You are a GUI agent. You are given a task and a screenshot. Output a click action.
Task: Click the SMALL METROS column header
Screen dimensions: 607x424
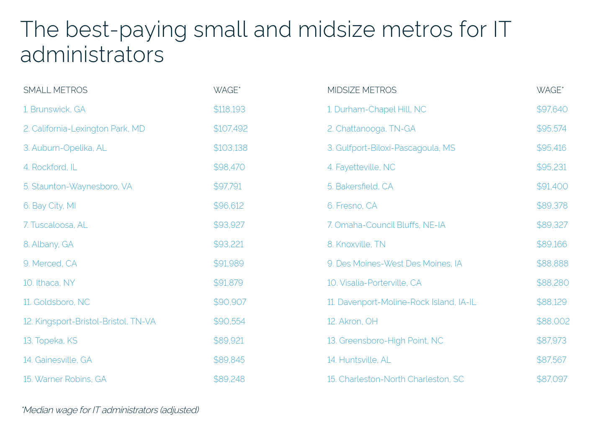coord(55,90)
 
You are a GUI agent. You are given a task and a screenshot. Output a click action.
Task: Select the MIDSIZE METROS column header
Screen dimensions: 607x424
coord(362,90)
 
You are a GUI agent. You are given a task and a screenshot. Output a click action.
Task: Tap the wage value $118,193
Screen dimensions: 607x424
coord(229,109)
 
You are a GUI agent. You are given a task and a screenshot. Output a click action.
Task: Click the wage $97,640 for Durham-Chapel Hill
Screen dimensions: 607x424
coord(552,109)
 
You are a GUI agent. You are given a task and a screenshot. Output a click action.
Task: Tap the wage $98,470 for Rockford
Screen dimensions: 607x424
coord(229,167)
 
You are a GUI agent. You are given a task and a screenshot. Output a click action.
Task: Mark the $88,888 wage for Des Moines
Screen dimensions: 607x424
coord(552,264)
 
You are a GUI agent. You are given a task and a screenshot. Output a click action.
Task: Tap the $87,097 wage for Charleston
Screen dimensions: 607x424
coord(552,379)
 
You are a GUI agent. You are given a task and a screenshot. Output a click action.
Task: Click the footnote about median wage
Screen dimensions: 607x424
coord(110,410)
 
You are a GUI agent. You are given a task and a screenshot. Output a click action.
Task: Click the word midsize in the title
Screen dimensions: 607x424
coord(337,29)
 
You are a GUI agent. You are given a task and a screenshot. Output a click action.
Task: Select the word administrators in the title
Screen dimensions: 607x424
coord(92,54)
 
